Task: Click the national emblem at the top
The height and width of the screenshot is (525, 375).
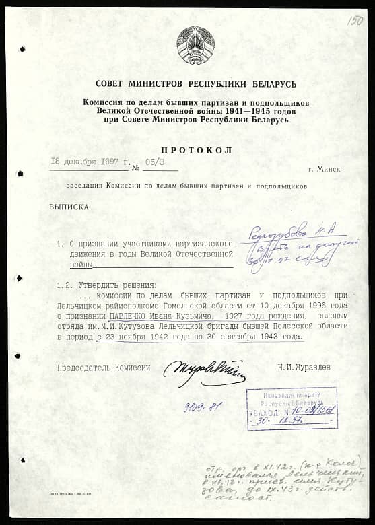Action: (x=195, y=45)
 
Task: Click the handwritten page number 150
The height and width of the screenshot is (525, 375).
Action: (x=355, y=21)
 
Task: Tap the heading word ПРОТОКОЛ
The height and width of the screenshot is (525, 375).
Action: (x=196, y=150)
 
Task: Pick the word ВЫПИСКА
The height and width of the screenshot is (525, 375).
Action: (x=69, y=207)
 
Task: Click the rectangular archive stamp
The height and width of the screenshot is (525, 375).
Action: (x=292, y=409)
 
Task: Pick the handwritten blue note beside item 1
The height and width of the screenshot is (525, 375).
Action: (x=300, y=242)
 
